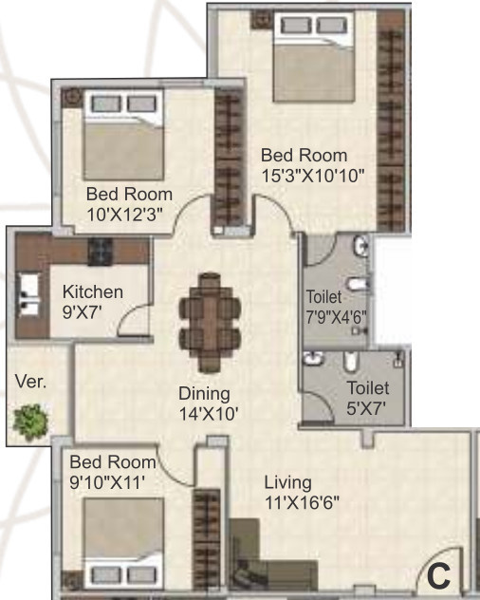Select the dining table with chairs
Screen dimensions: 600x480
point(210,322)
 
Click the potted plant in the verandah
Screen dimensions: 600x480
point(33,418)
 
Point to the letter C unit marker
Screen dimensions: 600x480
point(437,575)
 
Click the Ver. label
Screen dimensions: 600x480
point(29,383)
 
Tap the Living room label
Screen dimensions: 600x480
point(287,482)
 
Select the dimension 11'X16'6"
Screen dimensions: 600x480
point(302,503)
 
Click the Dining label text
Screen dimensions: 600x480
point(204,393)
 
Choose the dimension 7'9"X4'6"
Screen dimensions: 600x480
point(335,316)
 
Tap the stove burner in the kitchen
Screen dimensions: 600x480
point(102,251)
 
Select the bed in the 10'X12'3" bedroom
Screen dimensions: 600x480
point(119,132)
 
